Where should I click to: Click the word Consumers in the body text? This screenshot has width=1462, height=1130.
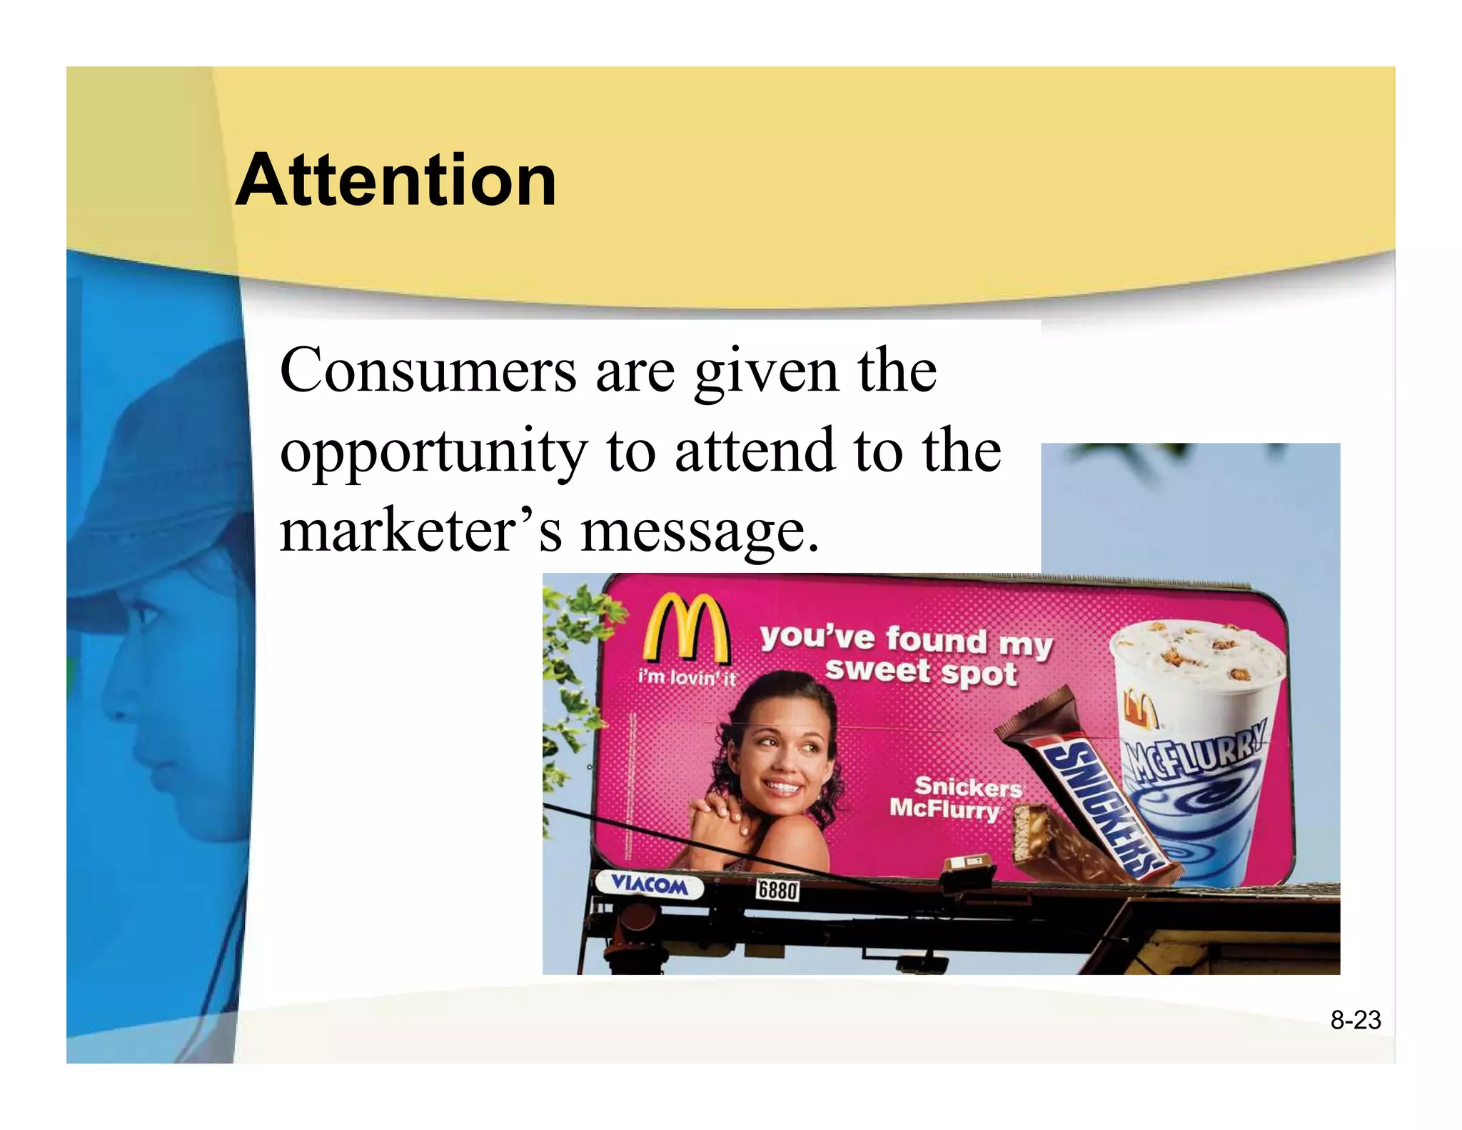coord(428,371)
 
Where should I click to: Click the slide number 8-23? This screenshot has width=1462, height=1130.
coord(1355,1020)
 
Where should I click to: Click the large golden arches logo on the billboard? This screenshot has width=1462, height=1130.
coord(686,629)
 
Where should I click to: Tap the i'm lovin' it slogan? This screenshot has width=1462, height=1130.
coord(687,676)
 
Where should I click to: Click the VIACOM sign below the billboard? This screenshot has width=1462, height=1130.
coord(649,886)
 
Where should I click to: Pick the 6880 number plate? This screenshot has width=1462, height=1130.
coord(777,890)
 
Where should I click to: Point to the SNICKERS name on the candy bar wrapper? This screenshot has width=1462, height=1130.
coord(1102,808)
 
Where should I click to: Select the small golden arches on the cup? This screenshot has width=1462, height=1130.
coord(1140,708)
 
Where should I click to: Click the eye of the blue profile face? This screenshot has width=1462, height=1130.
coord(146,614)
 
